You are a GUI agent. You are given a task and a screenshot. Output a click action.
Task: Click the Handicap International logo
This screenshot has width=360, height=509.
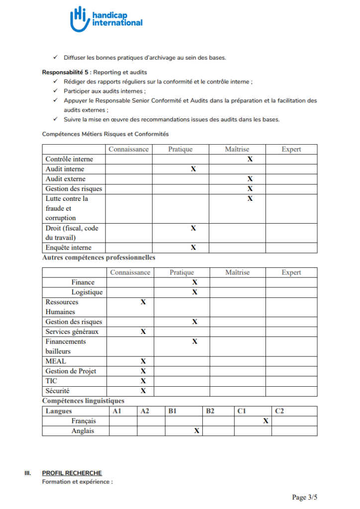pos(106,19)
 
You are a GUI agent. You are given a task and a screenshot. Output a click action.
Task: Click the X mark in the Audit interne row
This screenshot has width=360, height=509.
pos(193,169)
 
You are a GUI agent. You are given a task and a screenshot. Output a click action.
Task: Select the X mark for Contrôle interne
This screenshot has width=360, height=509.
pos(250,159)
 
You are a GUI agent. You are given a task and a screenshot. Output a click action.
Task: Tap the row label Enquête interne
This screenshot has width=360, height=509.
pos(69,248)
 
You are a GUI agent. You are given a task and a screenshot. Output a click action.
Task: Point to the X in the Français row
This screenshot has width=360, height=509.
pos(266,421)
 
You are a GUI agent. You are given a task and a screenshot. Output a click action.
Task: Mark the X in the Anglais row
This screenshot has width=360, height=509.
pos(196,431)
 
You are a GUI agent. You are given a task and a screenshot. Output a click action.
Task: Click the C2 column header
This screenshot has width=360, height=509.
pos(279,411)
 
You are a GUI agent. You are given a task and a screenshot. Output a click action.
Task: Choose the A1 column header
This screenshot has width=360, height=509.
pos(117,411)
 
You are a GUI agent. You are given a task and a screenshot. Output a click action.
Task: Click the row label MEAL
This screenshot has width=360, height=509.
pos(56,361)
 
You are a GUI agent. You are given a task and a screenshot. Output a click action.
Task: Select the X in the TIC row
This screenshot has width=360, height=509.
pos(143,381)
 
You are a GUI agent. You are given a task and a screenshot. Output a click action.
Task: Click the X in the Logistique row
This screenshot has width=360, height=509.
pos(195,292)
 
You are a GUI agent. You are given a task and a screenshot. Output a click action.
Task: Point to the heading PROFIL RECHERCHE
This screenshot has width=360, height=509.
pos(72,473)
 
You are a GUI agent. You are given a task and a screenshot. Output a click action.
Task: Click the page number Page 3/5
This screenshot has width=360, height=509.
pos(304,497)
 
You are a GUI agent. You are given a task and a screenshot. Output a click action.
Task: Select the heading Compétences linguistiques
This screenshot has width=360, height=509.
pos(83,401)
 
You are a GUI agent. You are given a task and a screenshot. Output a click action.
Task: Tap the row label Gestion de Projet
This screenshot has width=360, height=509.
pos(71,371)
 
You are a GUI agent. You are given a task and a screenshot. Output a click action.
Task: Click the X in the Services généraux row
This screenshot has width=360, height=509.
pos(143,332)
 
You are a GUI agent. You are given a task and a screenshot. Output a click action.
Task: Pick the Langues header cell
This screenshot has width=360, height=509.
pos(59,411)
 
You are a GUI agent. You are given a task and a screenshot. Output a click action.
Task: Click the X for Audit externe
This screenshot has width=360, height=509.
pos(250,179)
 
